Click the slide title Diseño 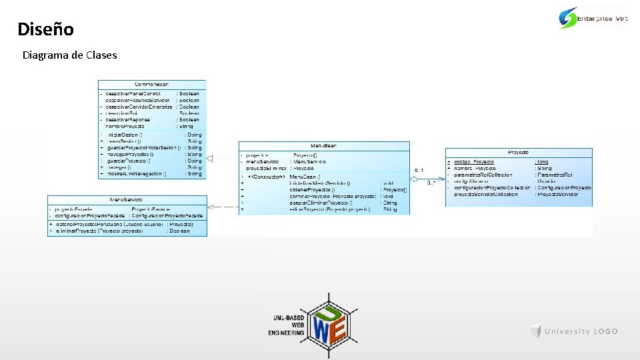click(45, 29)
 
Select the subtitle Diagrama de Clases click(69, 55)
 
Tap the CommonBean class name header click(152, 85)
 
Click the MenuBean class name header click(324, 145)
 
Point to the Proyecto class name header click(518, 153)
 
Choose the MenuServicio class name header click(127, 200)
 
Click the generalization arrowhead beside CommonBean click(209, 158)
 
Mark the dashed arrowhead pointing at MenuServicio click(211, 207)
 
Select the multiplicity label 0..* click(431, 181)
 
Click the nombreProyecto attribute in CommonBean click(134, 126)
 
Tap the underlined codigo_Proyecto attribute click(474, 162)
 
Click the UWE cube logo click(327, 317)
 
